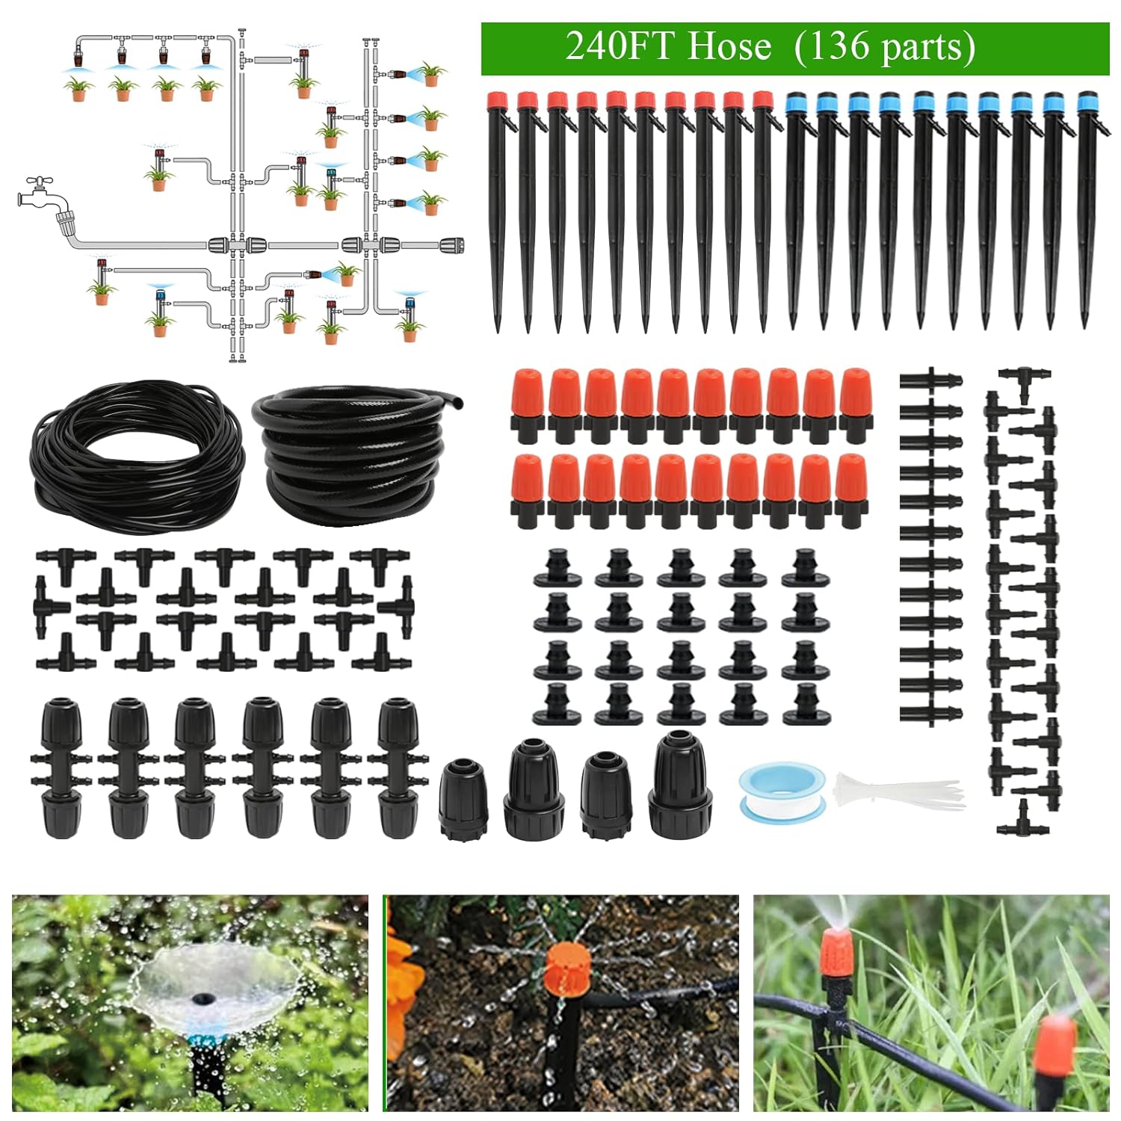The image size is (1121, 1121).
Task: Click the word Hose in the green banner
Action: [729, 47]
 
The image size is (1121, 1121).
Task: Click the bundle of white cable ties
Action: [897, 791]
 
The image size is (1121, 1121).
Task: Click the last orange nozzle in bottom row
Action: [850, 490]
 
